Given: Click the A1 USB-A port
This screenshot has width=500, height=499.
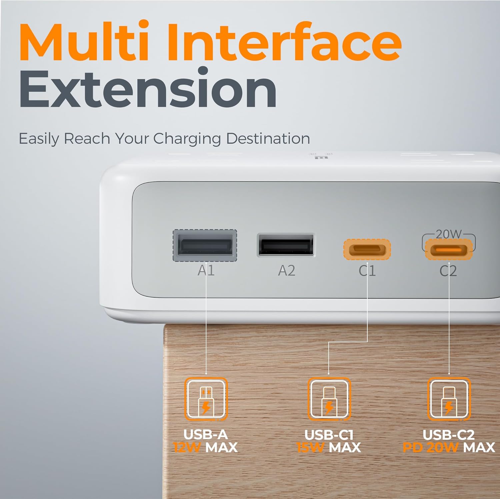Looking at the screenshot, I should pos(205,245).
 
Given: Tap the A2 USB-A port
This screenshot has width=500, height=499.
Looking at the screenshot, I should pos(286,245).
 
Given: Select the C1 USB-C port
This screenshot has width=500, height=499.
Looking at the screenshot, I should pos(367,249).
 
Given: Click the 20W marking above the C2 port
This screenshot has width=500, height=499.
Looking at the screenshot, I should pos(449,234).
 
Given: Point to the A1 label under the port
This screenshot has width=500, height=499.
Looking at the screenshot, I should pos(206,270).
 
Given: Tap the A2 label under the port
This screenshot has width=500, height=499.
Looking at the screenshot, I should pos(287,271).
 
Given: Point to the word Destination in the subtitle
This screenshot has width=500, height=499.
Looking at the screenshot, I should pos(268,138).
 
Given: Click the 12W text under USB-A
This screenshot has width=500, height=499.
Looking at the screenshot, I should pos(187,448).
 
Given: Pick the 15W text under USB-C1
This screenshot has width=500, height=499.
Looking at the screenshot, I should pos(310,448).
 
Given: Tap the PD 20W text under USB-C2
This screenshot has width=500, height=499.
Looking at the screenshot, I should pos(430,448).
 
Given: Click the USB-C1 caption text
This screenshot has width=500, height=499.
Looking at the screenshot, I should pos(329,435).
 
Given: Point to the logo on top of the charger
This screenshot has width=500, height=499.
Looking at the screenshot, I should pos(320,156).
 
